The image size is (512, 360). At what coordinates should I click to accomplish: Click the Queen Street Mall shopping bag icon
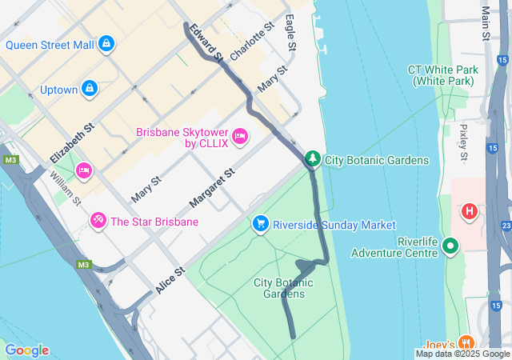(106, 44)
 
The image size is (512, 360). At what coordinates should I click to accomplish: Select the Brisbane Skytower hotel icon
(240, 138)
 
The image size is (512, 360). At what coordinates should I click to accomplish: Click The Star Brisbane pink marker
(98, 219)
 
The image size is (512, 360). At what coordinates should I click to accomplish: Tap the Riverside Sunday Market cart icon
(260, 224)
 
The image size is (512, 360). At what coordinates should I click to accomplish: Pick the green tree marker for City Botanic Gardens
(313, 159)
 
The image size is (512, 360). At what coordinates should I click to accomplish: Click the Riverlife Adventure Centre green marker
(450, 246)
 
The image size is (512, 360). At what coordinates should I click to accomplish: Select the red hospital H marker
(469, 212)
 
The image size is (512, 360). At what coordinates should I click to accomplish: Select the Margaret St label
(212, 186)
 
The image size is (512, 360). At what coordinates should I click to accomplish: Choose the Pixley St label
(464, 142)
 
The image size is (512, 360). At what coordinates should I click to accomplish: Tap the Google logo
(26, 350)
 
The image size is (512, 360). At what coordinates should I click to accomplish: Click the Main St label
(486, 23)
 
